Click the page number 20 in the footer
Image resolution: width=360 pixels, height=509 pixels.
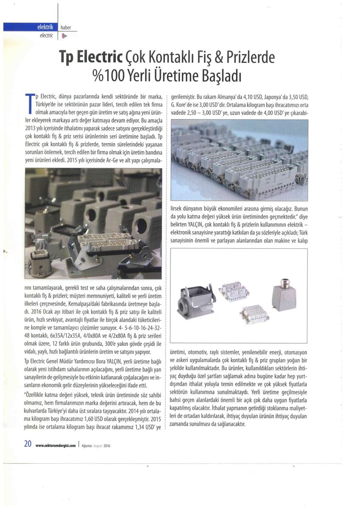click(28, 444)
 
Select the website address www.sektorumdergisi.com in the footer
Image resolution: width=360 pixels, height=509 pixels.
click(56, 445)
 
